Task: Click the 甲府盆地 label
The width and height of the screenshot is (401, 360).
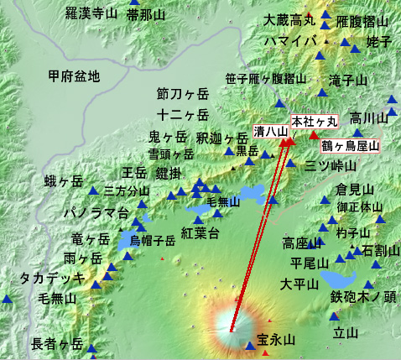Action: pos(74,76)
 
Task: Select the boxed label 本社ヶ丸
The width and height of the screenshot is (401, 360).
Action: pos(313,121)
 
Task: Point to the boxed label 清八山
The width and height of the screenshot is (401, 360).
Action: pos(271,132)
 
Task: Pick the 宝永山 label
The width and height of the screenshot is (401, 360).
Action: pos(277,340)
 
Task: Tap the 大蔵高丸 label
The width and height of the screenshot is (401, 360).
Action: pos(289,19)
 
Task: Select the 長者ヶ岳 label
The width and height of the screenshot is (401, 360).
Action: pos(57,343)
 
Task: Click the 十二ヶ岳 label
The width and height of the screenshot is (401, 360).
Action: pos(181,115)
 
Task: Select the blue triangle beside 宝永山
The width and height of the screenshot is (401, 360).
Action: pos(262,344)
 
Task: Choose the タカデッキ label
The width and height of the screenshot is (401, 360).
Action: pos(50,278)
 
